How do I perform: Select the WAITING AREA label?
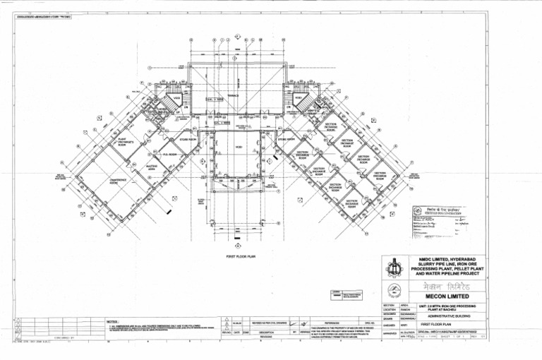151,168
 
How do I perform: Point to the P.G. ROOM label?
169,154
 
